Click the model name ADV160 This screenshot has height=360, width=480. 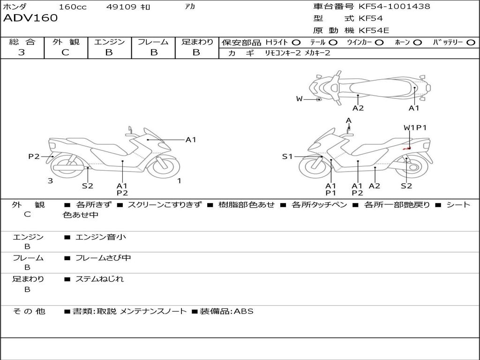pos(30,18)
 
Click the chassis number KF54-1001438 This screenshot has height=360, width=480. pos(394,6)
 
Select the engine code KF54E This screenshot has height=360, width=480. pos(374,30)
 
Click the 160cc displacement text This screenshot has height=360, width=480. pos(73,7)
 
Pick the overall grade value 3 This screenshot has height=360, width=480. pos(22,52)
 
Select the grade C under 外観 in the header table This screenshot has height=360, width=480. pos(65,52)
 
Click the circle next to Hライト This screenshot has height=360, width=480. pos(296,43)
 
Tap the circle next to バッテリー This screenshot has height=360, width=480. pos(471,43)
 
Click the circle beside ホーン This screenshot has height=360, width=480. pos(418,43)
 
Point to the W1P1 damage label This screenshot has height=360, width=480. pos(415,127)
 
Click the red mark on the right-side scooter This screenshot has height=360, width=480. pos(407,148)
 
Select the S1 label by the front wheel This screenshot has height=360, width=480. pos(287,157)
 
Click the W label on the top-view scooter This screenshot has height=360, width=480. pos(299,99)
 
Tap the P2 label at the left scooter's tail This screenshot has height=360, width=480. pos(34,157)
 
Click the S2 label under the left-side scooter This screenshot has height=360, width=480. pos(88,186)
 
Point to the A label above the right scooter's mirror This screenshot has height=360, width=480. pos(348,120)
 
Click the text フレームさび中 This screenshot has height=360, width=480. pos(103,258)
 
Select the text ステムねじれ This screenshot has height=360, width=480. pos(99,279)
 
